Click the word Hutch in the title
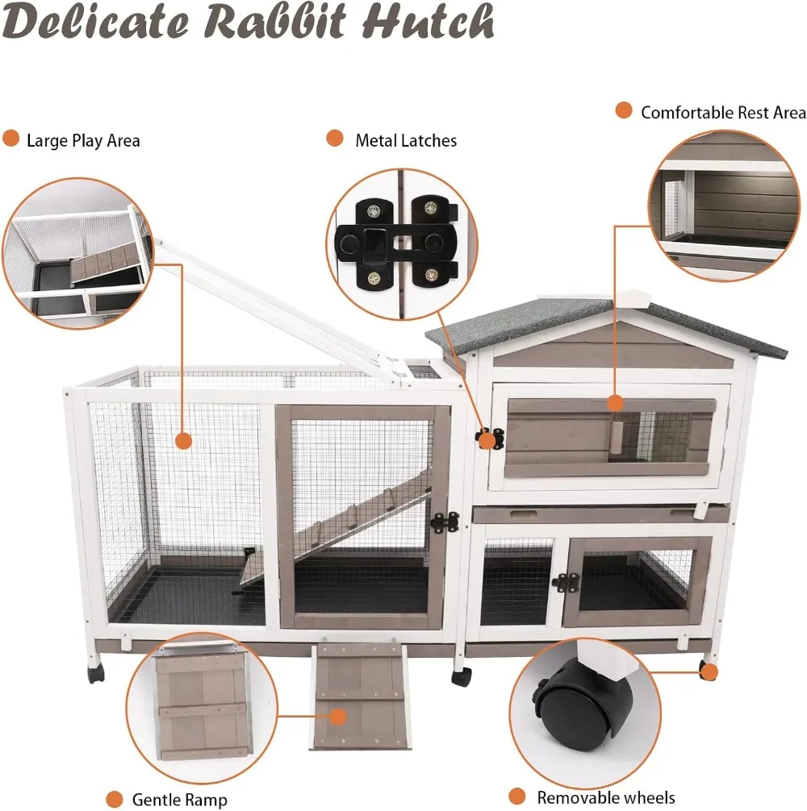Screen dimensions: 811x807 [428, 22]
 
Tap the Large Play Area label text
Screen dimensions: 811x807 [83, 141]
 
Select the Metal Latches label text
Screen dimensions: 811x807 [406, 141]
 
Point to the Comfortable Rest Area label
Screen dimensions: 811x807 [723, 113]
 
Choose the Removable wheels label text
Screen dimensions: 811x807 [605, 798]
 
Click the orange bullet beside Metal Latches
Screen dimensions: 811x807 [334, 139]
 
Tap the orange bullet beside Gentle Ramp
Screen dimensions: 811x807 [115, 798]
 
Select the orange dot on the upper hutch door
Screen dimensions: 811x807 [615, 402]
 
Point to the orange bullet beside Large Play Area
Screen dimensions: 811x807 [10, 139]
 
